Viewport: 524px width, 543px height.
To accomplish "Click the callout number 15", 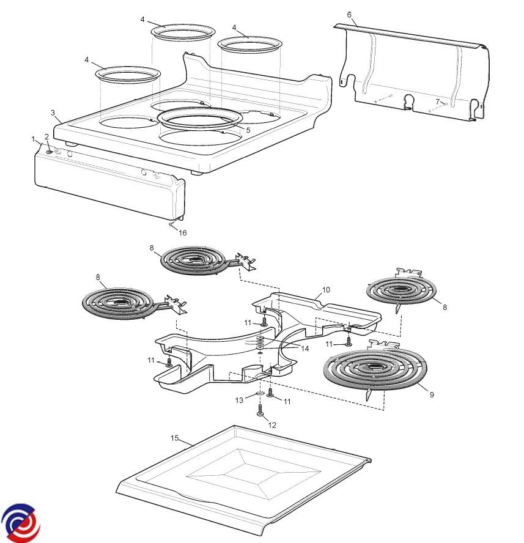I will [x=174, y=438].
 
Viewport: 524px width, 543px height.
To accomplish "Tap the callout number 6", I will [x=349, y=14].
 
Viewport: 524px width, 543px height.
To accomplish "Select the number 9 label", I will [x=432, y=395].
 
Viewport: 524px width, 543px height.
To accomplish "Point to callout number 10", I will [x=326, y=289].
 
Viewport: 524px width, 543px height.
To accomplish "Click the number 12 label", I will [x=273, y=425].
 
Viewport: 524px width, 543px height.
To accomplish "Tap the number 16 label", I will [x=182, y=233].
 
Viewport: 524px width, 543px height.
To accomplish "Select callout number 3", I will [x=53, y=113].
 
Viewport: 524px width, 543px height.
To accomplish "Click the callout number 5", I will [x=248, y=130].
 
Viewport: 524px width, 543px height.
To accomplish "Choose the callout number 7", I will [x=437, y=102].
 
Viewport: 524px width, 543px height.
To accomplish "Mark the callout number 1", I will [x=34, y=139].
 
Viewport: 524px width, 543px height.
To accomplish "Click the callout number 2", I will [x=46, y=136].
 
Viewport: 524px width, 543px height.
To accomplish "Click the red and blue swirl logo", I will [x=20, y=523].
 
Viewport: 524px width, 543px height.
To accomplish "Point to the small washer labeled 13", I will [x=259, y=393].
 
